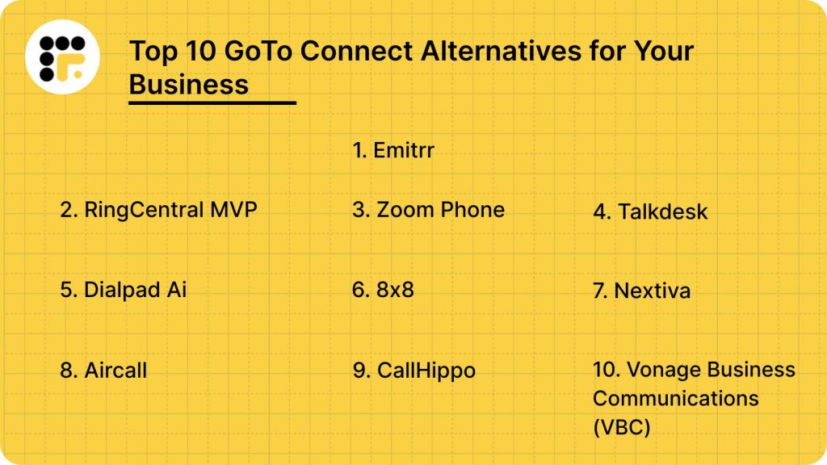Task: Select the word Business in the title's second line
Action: point(189,83)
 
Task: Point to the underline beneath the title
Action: point(212,103)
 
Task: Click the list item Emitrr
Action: point(393,150)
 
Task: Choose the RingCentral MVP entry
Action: point(159,210)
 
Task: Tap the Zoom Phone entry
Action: point(429,210)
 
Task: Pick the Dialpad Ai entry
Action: point(124,290)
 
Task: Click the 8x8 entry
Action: point(384,290)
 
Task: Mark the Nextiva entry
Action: point(641,291)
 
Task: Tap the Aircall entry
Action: point(103,371)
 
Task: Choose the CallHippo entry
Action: point(414,371)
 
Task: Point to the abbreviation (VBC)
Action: point(622,427)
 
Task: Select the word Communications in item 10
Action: point(676,398)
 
